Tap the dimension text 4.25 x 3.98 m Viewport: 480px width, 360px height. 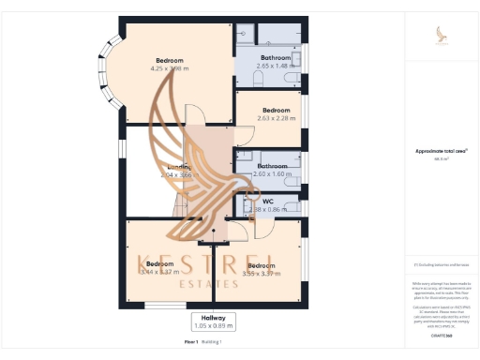tap(170, 67)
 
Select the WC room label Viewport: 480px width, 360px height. tap(267, 201)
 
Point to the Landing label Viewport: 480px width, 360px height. tap(180, 167)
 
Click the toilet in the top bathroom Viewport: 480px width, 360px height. tap(259, 81)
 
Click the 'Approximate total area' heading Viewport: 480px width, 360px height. tap(435, 151)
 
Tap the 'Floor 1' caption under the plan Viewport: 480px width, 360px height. tap(191, 342)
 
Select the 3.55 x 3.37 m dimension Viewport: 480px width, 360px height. tap(262, 274)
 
